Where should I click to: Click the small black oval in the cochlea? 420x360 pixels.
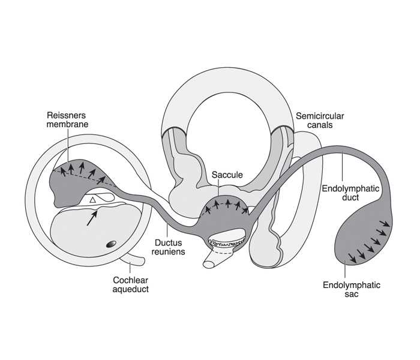[x=111, y=244]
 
